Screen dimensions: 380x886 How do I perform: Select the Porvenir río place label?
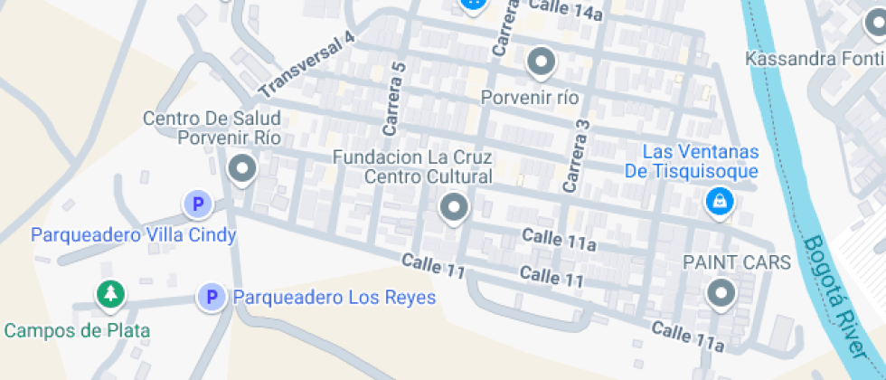530,97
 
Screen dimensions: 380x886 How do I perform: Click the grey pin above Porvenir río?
541,62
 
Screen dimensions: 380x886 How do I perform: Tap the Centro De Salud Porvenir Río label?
212,128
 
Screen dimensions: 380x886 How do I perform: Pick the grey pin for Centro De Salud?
241,168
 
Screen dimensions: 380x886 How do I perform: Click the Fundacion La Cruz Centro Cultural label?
412,166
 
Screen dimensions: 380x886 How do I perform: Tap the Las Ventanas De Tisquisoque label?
692,161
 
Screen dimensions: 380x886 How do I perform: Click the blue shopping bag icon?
718,202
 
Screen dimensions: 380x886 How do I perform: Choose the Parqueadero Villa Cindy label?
134,235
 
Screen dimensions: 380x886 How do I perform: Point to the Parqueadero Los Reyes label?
335,297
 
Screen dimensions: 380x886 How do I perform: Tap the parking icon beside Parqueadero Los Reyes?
212,297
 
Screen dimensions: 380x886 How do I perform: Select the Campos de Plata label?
77,330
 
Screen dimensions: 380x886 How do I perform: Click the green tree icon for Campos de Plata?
110,293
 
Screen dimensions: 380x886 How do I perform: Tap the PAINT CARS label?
736,262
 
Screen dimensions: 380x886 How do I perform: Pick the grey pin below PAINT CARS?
721,292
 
